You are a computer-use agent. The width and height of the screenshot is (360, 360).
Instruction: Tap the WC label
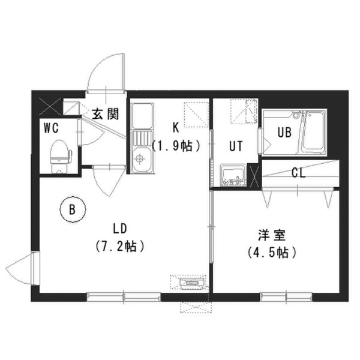click(x=51, y=128)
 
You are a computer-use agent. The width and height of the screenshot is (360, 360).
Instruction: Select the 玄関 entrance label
click(x=106, y=113)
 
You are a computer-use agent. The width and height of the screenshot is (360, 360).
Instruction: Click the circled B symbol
click(x=73, y=209)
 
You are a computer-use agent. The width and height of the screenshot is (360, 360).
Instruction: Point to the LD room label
click(x=120, y=229)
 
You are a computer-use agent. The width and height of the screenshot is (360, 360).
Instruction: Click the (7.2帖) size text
click(x=120, y=246)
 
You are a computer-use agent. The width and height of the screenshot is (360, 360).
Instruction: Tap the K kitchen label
click(x=176, y=128)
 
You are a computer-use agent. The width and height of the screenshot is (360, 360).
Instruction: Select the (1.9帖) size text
click(x=176, y=146)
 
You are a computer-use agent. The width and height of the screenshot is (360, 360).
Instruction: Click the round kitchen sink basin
click(x=140, y=158)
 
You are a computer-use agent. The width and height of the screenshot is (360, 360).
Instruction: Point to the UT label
click(x=236, y=146)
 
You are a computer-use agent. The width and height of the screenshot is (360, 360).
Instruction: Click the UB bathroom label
click(x=284, y=132)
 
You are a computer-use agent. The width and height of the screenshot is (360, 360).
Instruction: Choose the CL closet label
click(x=298, y=173)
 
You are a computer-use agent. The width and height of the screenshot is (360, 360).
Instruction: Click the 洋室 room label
click(x=272, y=235)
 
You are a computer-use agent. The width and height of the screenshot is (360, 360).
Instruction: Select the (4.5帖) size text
click(x=272, y=253)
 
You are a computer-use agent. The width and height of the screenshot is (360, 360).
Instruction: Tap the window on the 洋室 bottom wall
click(x=286, y=296)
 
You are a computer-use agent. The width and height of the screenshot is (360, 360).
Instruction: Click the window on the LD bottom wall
click(x=124, y=296)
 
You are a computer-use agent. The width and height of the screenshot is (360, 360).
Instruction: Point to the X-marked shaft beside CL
click(x=254, y=176)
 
